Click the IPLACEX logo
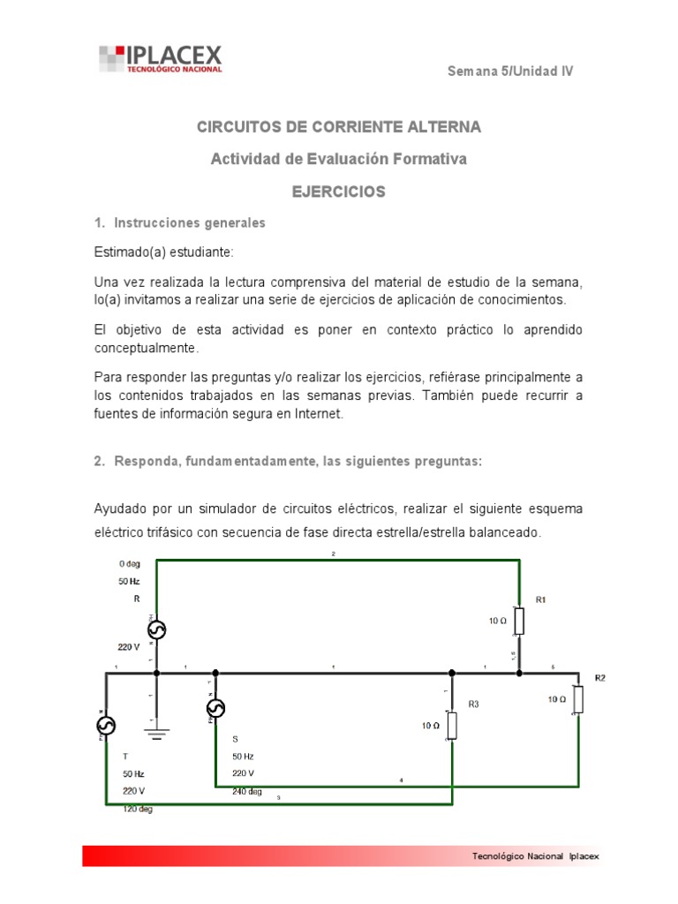point(160,59)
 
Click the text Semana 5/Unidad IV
point(510,72)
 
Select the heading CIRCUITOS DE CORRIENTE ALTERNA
point(338,127)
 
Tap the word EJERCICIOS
point(338,192)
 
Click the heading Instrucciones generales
point(186,223)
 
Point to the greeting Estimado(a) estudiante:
point(163,252)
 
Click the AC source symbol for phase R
point(156,629)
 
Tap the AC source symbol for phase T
point(106,725)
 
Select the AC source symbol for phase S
point(215,707)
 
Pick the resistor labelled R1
point(519,621)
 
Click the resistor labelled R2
point(578,698)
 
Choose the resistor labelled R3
point(452,725)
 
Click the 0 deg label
point(129,563)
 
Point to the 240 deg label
point(247,791)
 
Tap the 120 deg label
point(138,810)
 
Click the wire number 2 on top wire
point(333,554)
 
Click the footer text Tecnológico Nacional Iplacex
point(535,856)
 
